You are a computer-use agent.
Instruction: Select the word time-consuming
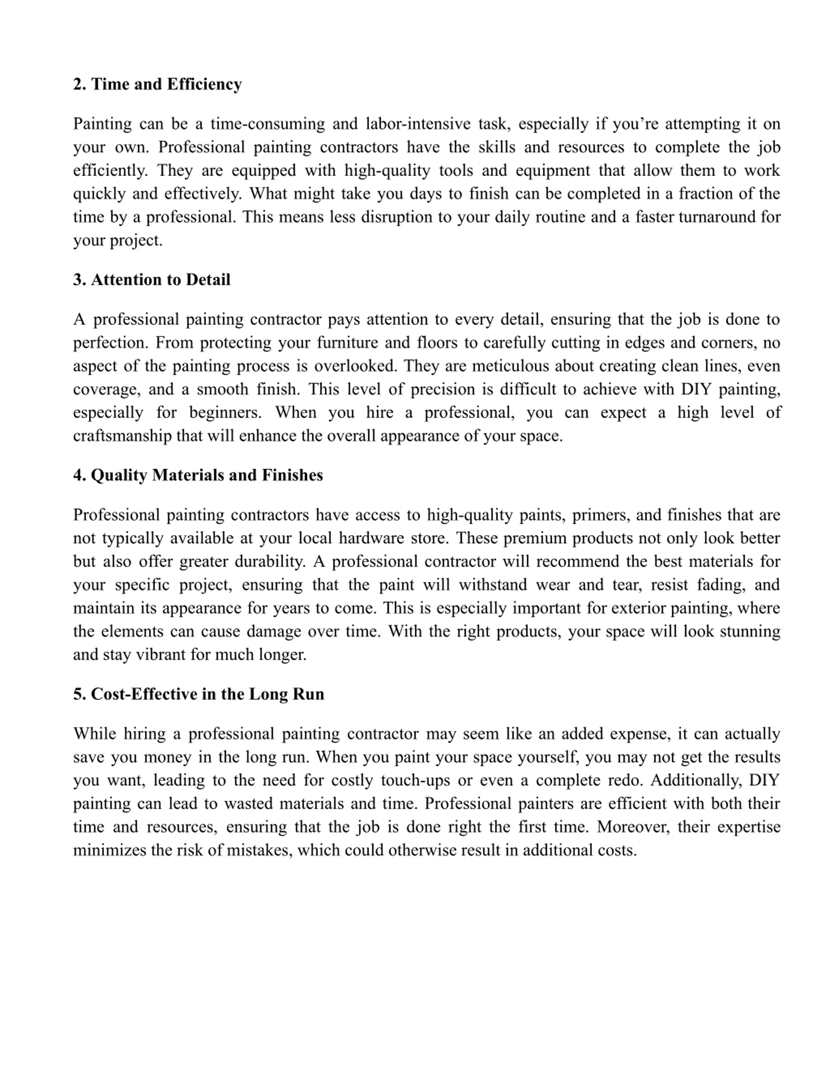(x=267, y=123)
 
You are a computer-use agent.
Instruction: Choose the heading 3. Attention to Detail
(x=151, y=280)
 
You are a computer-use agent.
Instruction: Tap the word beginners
(x=225, y=412)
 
